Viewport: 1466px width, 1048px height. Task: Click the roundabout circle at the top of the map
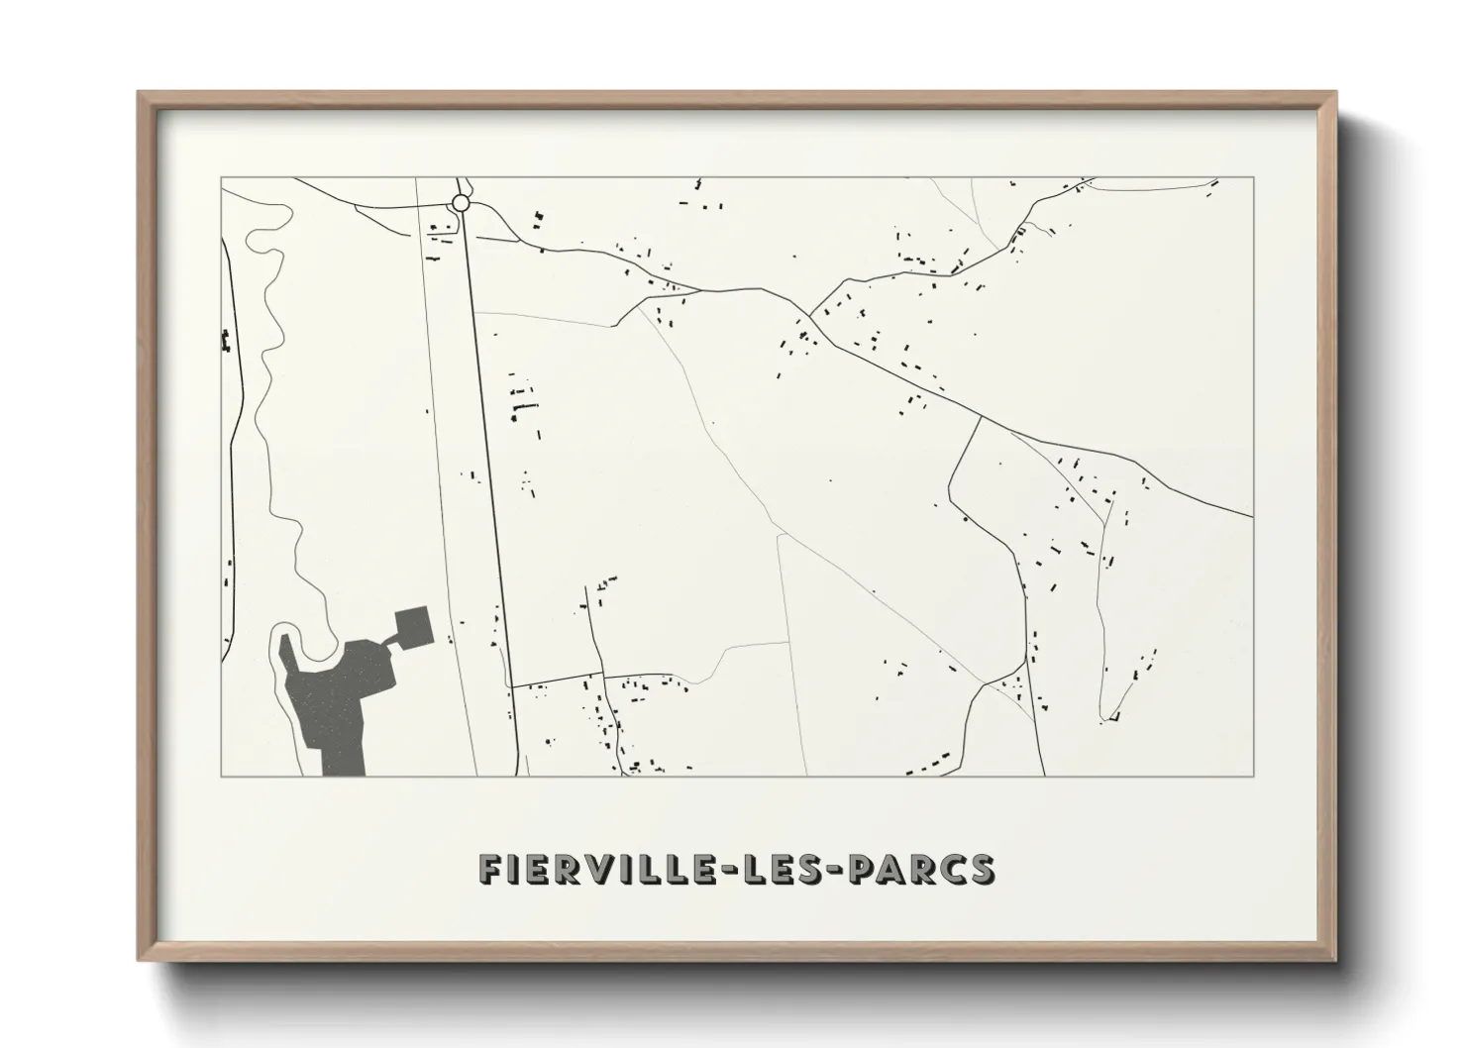pos(460,203)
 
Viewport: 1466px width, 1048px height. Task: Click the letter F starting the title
pos(489,869)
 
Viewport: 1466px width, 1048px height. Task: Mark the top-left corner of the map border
pos(222,178)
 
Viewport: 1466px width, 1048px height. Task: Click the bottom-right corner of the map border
pos(1253,776)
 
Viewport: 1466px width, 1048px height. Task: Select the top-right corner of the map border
pos(1253,178)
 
